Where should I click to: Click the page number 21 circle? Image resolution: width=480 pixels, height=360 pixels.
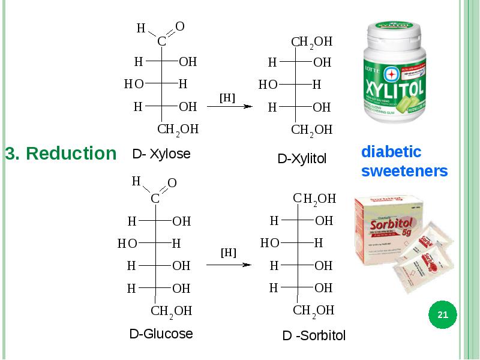443,315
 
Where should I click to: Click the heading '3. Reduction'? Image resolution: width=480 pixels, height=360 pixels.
61,154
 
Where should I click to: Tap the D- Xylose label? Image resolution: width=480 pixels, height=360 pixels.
161,154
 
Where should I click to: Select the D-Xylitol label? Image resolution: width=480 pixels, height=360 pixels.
302,159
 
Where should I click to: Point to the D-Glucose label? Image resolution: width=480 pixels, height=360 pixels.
161,334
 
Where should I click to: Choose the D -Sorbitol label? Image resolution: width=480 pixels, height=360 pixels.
314,336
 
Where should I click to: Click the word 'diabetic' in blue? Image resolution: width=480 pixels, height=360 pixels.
391,151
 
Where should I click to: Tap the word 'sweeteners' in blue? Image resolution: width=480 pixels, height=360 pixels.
404,171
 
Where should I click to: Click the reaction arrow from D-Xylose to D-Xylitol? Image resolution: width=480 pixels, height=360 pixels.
229,107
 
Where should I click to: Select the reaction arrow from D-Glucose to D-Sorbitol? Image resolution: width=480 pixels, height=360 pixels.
229,264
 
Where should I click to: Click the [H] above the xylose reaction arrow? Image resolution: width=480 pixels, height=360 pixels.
227,97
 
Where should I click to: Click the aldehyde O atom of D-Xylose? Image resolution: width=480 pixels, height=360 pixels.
179,26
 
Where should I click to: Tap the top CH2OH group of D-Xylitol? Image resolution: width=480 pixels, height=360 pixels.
311,42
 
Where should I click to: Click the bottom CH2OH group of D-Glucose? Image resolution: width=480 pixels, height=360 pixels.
171,311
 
